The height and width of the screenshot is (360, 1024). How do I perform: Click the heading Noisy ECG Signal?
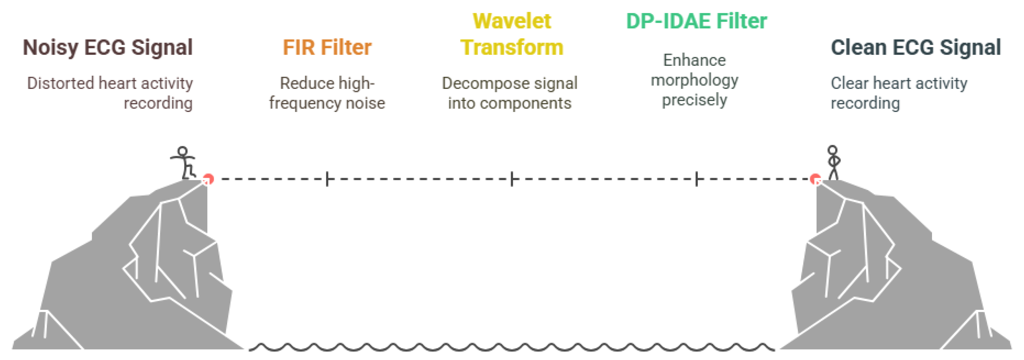[x=108, y=48]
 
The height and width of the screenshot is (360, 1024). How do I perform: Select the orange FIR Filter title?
[x=327, y=48]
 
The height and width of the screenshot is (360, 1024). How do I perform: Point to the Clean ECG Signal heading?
[x=915, y=48]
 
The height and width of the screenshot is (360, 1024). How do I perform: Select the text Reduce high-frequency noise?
[x=327, y=93]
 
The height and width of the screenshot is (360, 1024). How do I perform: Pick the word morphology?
[x=694, y=80]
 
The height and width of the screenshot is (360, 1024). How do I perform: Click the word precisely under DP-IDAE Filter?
[x=694, y=100]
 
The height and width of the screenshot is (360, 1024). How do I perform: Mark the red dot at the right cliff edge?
[x=815, y=179]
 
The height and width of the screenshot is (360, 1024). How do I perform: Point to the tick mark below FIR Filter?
[x=327, y=179]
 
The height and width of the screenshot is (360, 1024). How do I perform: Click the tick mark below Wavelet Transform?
[x=512, y=179]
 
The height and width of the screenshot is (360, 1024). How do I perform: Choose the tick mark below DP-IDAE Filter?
[x=697, y=179]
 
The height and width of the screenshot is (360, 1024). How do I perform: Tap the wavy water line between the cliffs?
[x=512, y=347]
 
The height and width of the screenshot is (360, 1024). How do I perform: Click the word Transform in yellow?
[x=512, y=48]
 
